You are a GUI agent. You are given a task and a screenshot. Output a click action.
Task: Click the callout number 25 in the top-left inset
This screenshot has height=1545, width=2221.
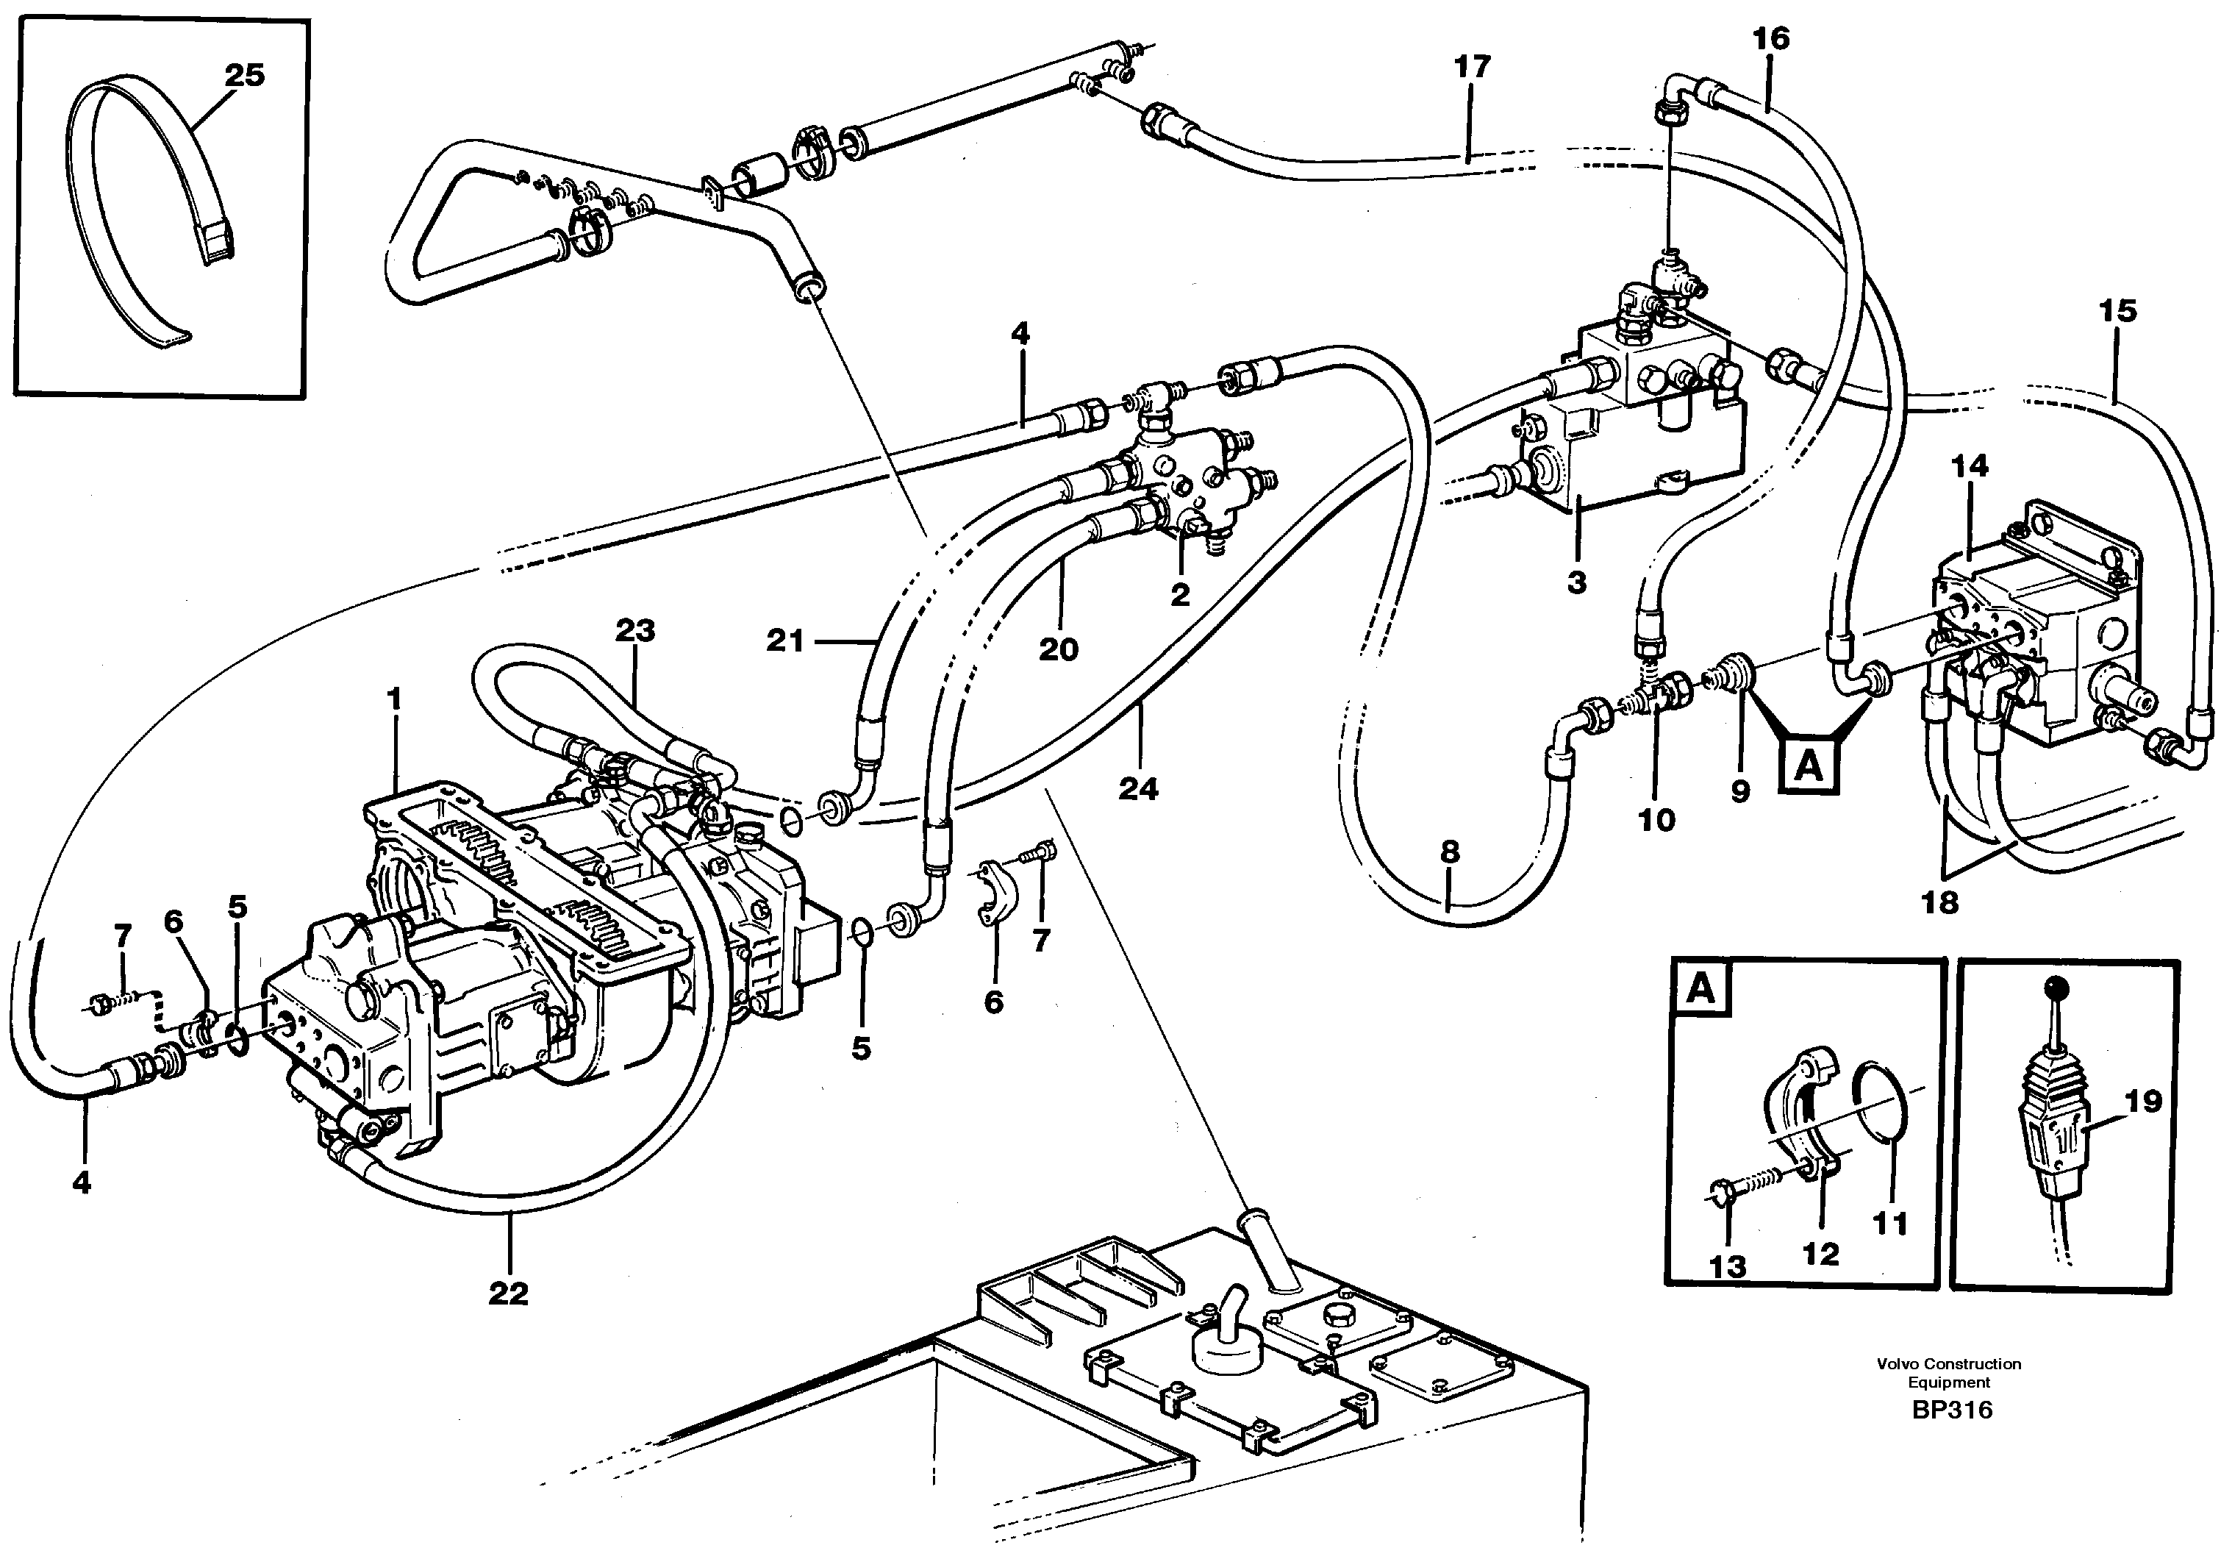(245, 76)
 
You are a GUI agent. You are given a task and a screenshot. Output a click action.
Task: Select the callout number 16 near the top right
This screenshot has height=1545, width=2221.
(1771, 39)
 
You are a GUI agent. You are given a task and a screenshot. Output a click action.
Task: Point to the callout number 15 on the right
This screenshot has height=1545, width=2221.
(2117, 312)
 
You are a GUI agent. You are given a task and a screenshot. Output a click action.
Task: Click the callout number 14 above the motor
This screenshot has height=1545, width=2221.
(1970, 466)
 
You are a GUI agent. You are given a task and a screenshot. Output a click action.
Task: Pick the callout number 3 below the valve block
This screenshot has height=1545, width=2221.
(1577, 582)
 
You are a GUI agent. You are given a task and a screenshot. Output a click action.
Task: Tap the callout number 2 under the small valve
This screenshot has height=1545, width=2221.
(1180, 595)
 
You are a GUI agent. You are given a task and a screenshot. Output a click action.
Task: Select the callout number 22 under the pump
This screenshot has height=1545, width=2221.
(509, 1294)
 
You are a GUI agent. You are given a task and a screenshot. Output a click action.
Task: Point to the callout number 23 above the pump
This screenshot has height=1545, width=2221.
(635, 631)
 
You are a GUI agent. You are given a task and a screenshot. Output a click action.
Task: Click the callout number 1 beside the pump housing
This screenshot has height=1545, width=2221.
(393, 698)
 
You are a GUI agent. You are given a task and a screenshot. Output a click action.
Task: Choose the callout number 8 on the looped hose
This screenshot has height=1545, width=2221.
(1449, 852)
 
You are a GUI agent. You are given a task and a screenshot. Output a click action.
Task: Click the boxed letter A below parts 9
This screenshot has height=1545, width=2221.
(1808, 767)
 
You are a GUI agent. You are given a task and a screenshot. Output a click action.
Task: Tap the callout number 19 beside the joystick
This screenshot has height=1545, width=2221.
(2144, 1101)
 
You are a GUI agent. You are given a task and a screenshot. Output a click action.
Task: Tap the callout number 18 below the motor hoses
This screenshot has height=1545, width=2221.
(1939, 902)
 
